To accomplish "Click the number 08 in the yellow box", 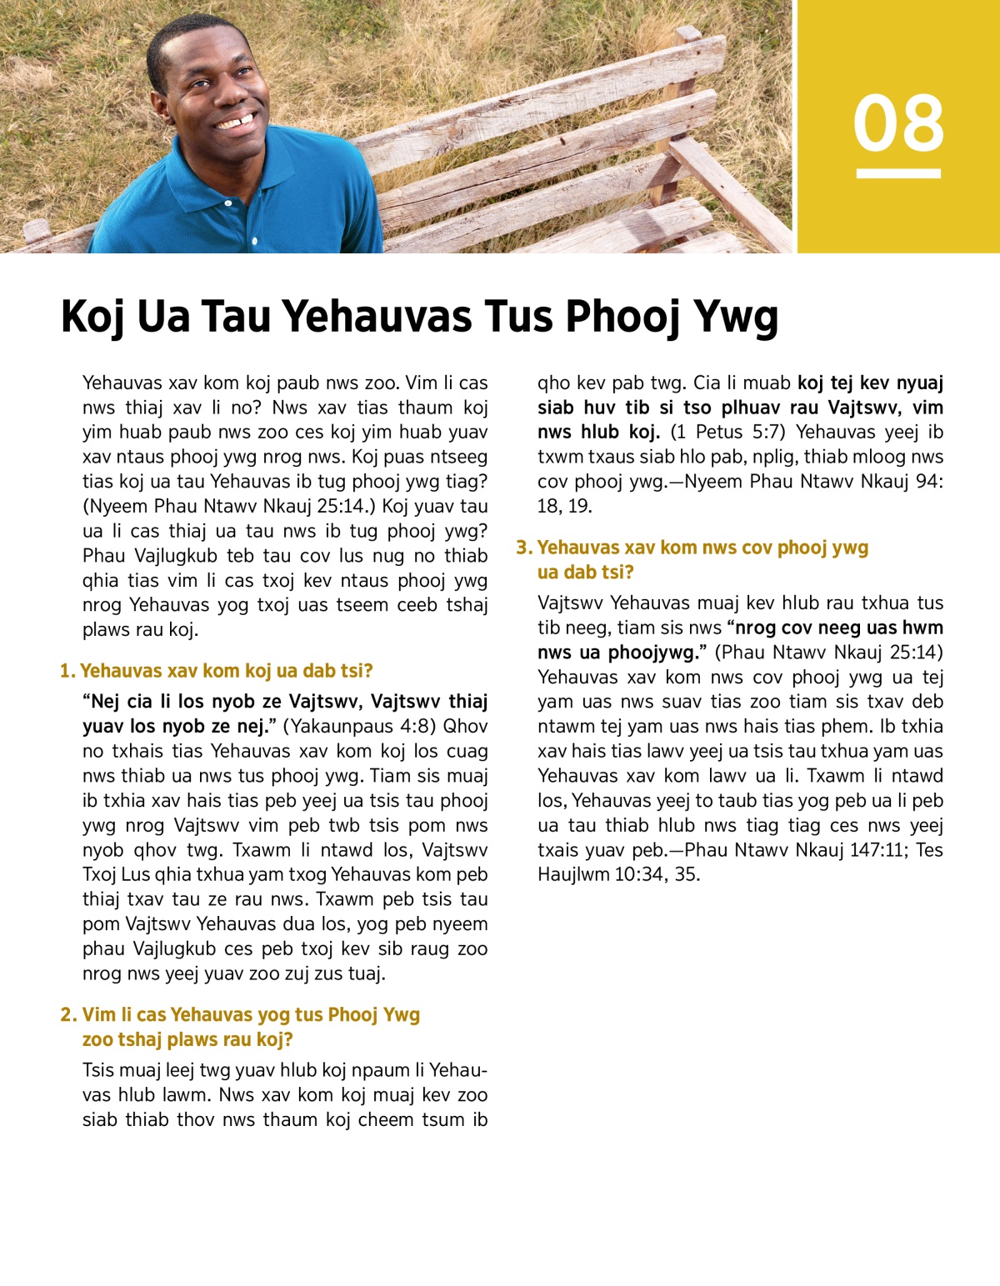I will pos(898,123).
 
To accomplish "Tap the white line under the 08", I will pos(898,173).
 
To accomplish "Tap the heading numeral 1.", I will pos(67,671).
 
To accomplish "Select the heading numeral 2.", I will pos(67,1014).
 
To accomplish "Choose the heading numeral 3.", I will pos(523,548).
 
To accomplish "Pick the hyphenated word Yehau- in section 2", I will pos(458,1070).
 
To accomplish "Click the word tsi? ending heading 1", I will pos(354,671).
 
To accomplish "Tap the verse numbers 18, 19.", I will pos(564,506).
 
